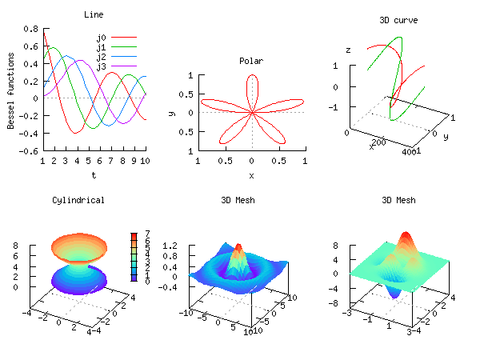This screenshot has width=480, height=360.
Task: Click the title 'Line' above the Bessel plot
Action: [94, 14]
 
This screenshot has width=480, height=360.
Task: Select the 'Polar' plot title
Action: [251, 61]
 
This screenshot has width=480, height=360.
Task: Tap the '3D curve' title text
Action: [398, 20]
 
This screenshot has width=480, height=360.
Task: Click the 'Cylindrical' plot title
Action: [78, 200]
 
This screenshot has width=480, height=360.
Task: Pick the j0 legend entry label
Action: [102, 38]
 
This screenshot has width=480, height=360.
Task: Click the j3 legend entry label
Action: [102, 66]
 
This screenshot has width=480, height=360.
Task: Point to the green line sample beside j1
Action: [124, 47]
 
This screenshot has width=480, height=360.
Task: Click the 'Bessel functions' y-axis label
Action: [11, 90]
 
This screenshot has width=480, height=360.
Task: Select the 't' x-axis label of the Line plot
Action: [94, 174]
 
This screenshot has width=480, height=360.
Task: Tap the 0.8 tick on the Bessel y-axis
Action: [30, 28]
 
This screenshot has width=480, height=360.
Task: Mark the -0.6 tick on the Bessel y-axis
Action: [29, 150]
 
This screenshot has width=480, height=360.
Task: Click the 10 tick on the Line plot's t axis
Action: [145, 161]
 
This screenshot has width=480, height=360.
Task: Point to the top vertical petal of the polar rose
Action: [252, 86]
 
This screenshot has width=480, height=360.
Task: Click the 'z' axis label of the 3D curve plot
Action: [348, 50]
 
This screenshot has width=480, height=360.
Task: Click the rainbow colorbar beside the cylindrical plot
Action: [134, 257]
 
